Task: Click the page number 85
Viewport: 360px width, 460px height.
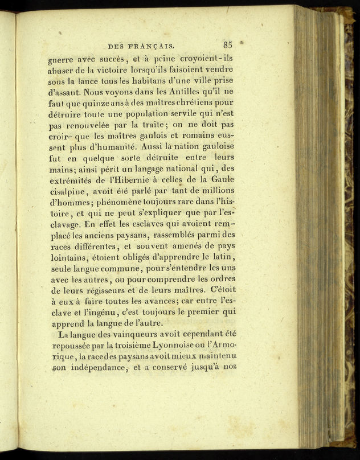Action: [228, 44]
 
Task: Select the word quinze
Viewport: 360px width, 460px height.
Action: [99, 103]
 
